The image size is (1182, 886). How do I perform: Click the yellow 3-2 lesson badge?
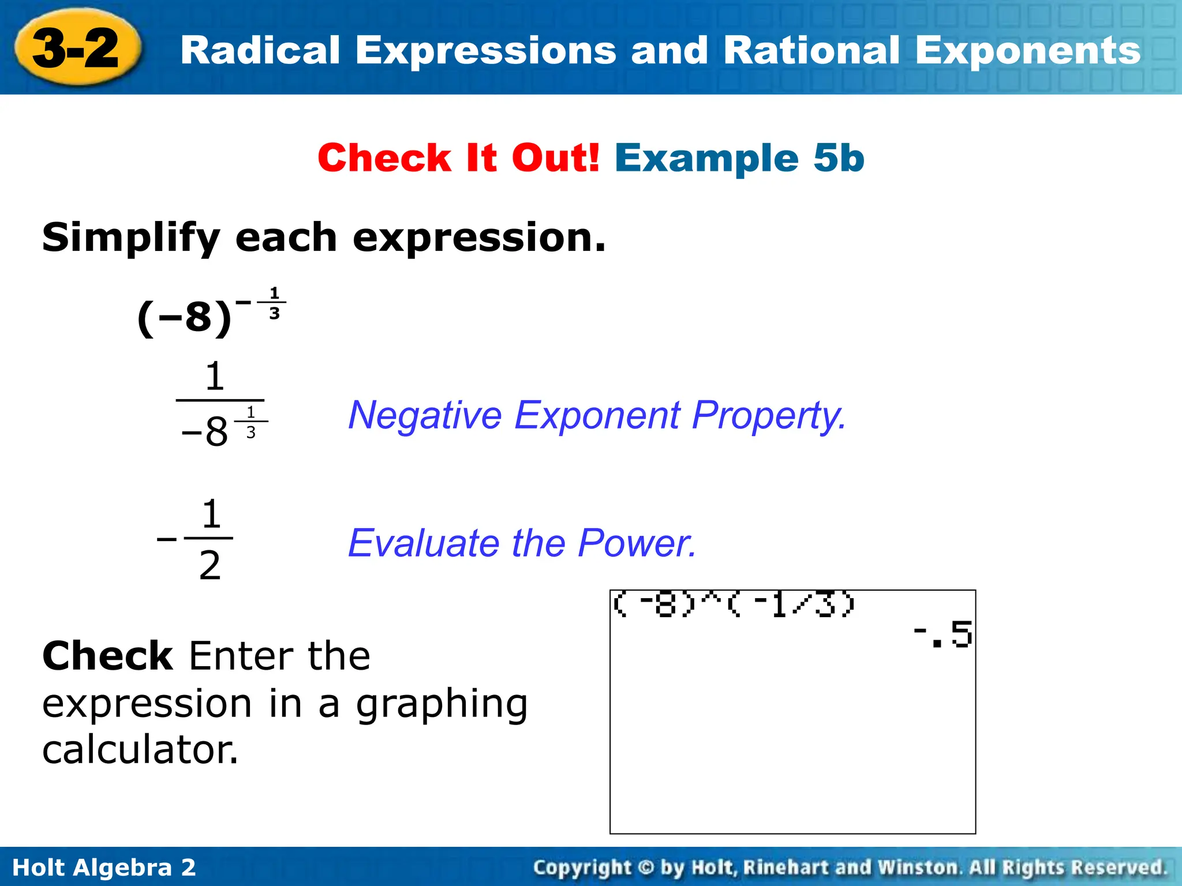coord(76,48)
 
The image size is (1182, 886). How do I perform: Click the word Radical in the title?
coord(260,51)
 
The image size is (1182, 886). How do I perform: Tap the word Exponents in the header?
coord(1027,51)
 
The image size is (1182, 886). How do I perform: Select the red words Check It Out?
coord(459,158)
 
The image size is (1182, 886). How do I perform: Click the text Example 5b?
coord(739,158)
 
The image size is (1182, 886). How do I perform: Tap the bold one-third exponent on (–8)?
coord(274,303)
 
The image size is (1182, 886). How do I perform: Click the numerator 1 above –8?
coord(215,377)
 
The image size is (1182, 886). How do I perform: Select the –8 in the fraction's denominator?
coord(205,431)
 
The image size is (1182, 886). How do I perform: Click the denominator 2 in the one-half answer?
coord(210,565)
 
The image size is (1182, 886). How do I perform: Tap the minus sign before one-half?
coord(167,539)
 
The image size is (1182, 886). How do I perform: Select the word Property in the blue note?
coord(768,415)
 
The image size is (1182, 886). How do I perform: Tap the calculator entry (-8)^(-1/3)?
coord(733,605)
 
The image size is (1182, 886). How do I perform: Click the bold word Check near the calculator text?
coord(107,656)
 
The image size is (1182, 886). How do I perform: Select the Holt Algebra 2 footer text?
coord(104,868)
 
